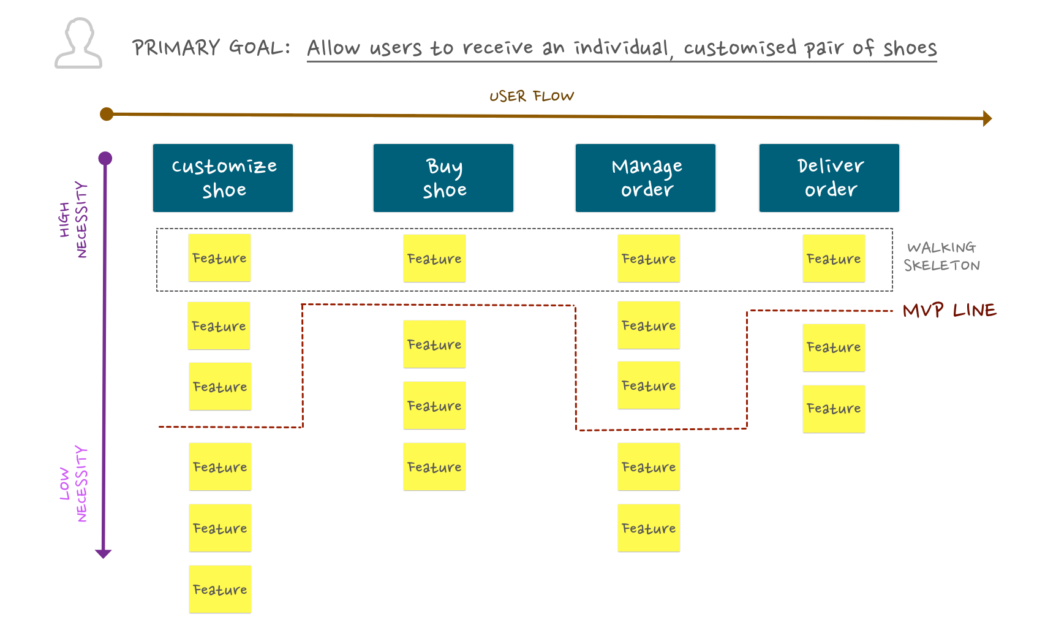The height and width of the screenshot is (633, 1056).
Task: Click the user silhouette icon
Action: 78,43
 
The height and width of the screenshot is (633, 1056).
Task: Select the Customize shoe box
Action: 223,178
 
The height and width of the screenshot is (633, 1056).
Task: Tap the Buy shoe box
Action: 443,178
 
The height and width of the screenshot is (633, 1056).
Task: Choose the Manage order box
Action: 646,178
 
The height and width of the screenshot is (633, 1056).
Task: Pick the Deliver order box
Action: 829,178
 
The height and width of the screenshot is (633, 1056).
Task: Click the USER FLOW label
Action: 532,96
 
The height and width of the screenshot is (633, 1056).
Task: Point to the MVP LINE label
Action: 949,310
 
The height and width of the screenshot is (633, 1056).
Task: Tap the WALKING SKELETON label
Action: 942,256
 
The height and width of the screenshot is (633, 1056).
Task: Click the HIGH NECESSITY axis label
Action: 74,219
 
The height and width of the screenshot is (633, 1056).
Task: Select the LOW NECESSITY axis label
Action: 74,483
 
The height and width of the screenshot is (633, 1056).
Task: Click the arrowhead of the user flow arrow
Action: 987,118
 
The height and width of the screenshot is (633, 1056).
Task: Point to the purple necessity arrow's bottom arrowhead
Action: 104,554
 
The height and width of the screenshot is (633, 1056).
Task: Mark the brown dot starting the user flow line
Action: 107,114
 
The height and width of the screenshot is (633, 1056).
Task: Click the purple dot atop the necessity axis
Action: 105,159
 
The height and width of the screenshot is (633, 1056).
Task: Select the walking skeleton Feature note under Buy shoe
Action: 434,259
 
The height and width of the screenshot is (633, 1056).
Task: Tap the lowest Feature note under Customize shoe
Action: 220,589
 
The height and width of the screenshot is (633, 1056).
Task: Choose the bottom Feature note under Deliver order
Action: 834,409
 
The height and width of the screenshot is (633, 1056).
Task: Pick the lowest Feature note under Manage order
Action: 649,528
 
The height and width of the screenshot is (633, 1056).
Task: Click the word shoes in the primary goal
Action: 910,48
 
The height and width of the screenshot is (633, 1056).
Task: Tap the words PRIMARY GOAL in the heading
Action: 211,47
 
